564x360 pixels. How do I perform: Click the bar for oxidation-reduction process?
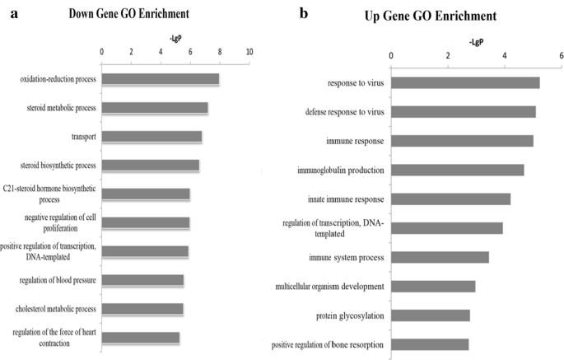(160, 79)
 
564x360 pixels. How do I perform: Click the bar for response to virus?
(465, 82)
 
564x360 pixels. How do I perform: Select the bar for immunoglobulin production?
(457, 170)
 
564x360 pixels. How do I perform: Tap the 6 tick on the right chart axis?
(561, 55)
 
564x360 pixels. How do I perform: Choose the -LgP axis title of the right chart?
(476, 40)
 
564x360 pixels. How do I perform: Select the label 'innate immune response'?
(341, 199)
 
